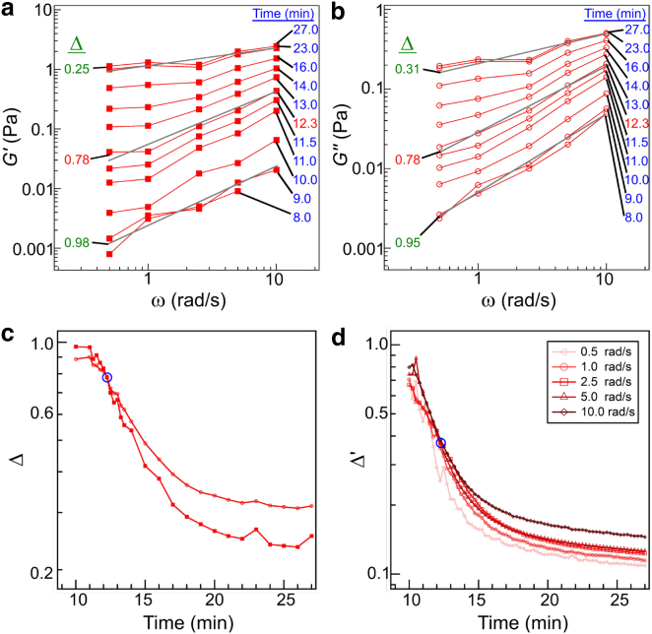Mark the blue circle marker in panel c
[107, 377]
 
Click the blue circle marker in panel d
[440, 443]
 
